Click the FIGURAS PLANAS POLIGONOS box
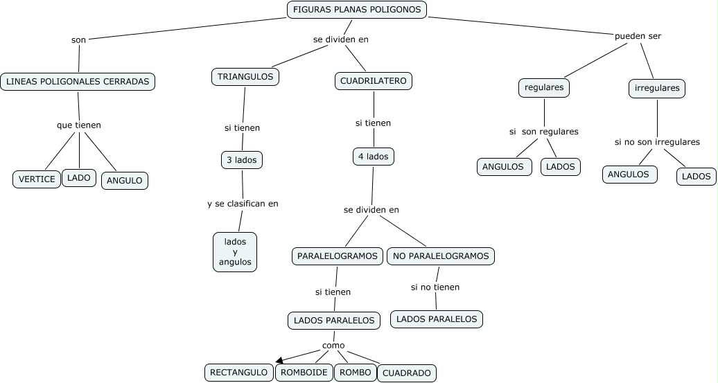click(x=357, y=10)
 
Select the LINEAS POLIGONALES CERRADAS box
click(x=78, y=82)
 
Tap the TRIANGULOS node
click(x=245, y=76)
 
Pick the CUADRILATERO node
click(x=373, y=81)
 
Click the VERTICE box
click(x=37, y=179)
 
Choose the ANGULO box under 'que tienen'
click(x=125, y=180)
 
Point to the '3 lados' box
click(x=242, y=160)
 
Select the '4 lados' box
click(x=374, y=157)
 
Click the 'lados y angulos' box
click(x=235, y=252)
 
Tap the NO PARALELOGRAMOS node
click(x=441, y=256)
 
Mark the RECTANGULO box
click(x=238, y=373)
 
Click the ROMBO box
click(x=356, y=373)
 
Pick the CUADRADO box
click(x=407, y=373)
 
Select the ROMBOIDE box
click(x=304, y=373)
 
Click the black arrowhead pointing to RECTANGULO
click(x=279, y=361)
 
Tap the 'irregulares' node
click(x=657, y=89)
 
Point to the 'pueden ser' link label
click(x=638, y=36)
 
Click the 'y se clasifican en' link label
click(x=243, y=204)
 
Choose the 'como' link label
click(x=333, y=346)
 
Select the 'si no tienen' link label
click(x=435, y=287)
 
